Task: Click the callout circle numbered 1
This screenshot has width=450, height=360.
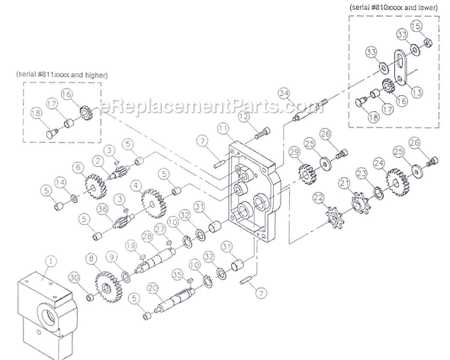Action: (50, 260)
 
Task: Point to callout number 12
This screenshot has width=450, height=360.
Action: (244, 115)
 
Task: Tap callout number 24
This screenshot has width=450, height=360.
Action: (378, 162)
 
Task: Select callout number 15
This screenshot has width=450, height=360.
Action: (416, 27)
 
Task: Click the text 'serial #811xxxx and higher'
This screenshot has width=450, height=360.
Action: (61, 75)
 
